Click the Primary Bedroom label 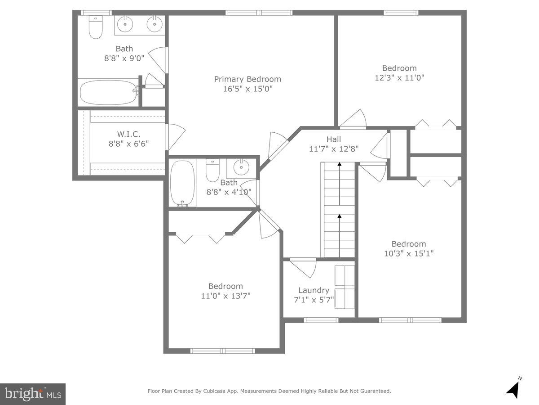pos(247,79)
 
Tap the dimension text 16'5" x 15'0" pos(247,89)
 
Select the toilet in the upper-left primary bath pos(95,27)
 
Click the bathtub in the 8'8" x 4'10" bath pos(182,183)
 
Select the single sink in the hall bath pos(241,168)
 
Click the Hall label pos(333,139)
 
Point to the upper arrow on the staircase pos(339,165)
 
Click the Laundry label pos(314,290)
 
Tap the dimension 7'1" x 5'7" pos(314,300)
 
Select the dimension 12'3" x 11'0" pos(399,77)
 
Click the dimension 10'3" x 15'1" pos(408,253)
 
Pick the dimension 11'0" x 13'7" pos(225,296)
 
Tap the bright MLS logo pos(33,394)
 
